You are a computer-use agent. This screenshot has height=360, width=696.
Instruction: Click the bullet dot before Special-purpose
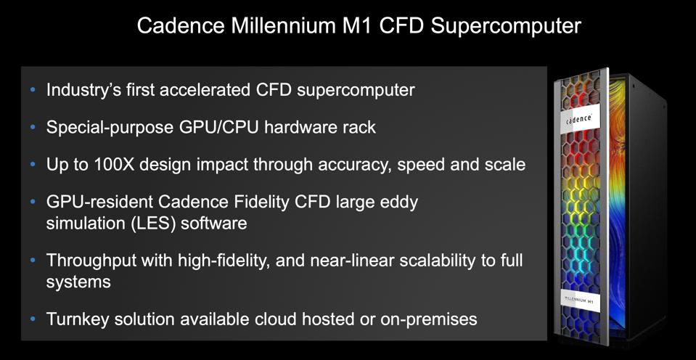[x=32, y=127]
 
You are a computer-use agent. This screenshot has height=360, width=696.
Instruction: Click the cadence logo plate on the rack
[x=578, y=118]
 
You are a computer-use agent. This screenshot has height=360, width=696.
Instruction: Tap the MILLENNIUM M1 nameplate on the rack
[x=578, y=299]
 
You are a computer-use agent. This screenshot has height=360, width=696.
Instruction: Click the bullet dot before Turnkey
[x=32, y=318]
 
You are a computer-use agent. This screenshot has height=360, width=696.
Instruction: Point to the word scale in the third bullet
[x=503, y=165]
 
